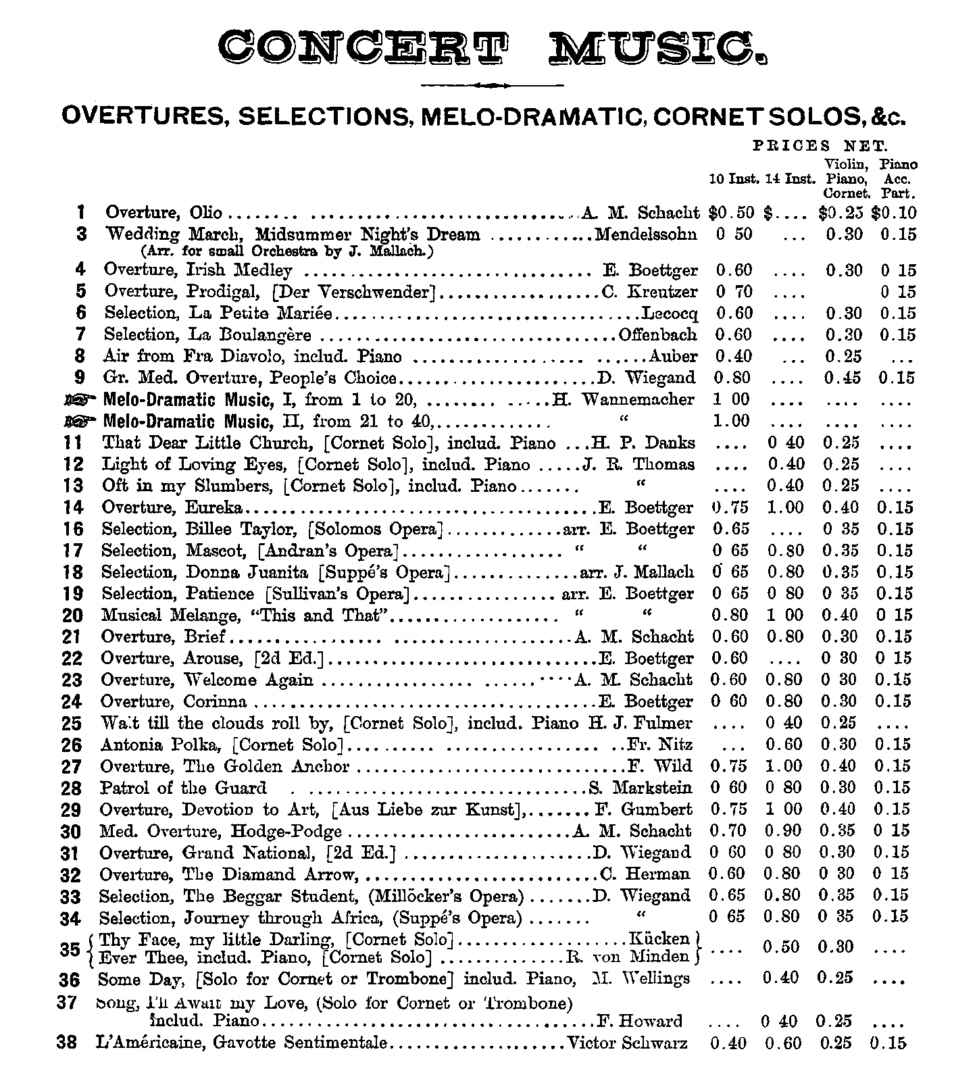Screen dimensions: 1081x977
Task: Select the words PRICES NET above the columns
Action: point(820,145)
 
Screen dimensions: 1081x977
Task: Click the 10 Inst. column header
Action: point(734,180)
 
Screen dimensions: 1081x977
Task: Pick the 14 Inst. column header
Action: point(790,180)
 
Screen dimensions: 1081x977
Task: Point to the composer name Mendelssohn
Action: point(645,234)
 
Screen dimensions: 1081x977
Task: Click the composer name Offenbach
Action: point(658,334)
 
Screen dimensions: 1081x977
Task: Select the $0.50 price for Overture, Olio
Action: point(731,213)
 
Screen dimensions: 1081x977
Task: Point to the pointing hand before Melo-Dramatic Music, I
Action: point(80,399)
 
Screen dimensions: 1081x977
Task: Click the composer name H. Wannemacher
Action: point(623,399)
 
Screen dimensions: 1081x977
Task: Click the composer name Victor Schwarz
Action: point(628,1043)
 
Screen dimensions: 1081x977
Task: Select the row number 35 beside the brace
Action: point(70,949)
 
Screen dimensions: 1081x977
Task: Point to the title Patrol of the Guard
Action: point(183,788)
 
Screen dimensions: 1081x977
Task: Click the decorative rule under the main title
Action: point(492,85)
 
